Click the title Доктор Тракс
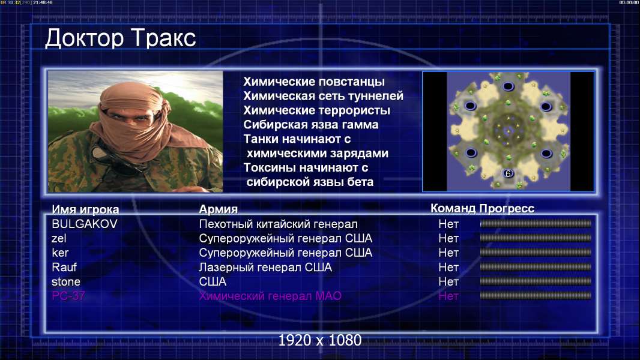click(x=121, y=38)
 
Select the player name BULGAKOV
click(x=85, y=224)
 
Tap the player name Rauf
click(x=64, y=267)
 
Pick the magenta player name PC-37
click(x=68, y=296)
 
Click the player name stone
click(x=65, y=282)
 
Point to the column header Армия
click(x=219, y=209)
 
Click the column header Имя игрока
click(x=85, y=209)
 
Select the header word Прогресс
click(x=507, y=208)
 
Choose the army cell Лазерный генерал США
click(x=265, y=267)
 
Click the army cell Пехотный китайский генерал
click(x=279, y=224)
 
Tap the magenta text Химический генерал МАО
click(x=270, y=296)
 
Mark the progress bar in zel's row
click(x=536, y=238)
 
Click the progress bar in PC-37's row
click(x=536, y=296)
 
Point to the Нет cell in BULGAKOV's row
click(x=448, y=224)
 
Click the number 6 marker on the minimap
click(x=508, y=173)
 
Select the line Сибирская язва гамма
click(x=311, y=124)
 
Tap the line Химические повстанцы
click(x=314, y=82)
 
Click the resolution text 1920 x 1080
click(x=320, y=340)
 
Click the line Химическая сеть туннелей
click(x=323, y=96)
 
